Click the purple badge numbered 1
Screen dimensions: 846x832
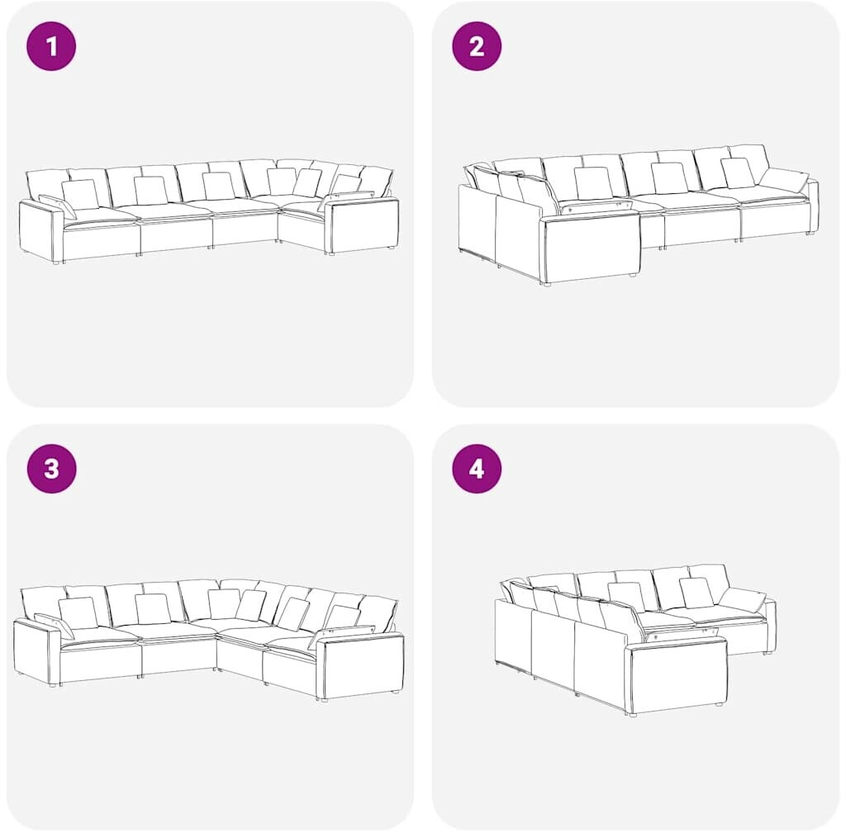click(51, 46)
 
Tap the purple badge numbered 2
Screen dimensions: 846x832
click(477, 46)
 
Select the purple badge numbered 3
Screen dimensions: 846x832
click(51, 469)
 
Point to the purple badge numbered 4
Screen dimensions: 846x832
click(477, 469)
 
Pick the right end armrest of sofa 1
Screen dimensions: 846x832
click(363, 225)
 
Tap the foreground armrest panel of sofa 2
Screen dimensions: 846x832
click(592, 248)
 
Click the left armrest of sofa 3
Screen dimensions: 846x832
click(36, 653)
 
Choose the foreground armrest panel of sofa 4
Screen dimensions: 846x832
click(677, 674)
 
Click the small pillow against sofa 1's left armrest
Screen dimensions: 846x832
click(57, 206)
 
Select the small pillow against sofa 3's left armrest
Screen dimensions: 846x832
click(54, 626)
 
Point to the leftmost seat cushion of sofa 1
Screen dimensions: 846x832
click(100, 216)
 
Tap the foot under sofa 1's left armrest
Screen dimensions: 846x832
click(58, 262)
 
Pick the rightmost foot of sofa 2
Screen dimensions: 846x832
click(810, 234)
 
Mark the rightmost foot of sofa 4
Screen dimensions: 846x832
click(766, 653)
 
